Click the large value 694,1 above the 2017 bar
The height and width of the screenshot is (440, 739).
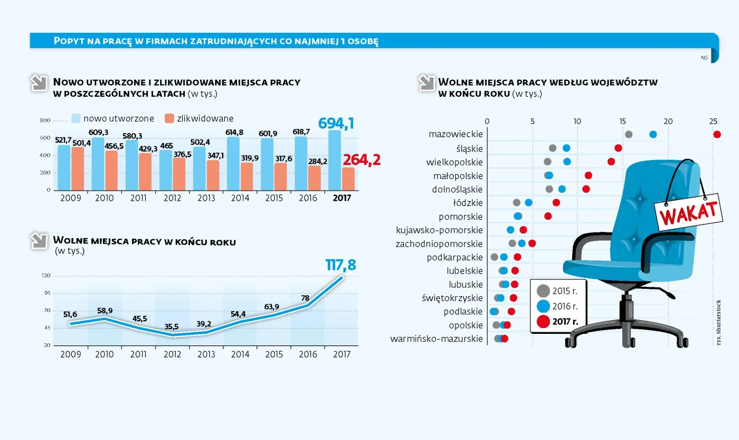(x=336, y=124)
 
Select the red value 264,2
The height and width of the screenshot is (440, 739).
(x=362, y=160)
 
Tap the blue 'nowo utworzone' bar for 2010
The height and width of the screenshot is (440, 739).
(x=98, y=164)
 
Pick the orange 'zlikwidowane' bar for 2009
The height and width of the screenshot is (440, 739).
(x=78, y=168)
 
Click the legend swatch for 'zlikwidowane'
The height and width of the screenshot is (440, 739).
(x=169, y=118)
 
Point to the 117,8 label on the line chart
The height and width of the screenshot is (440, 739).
(x=340, y=265)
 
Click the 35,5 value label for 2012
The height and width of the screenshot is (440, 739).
(x=172, y=326)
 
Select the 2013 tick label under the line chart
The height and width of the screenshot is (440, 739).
(x=206, y=354)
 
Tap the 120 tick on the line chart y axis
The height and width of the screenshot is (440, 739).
(x=45, y=276)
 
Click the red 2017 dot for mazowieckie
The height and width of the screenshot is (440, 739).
(x=717, y=135)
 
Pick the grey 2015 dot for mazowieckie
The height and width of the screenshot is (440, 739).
(x=629, y=135)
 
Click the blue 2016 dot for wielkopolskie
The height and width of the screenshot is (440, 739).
(x=567, y=162)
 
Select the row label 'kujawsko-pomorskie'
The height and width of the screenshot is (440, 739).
(x=439, y=230)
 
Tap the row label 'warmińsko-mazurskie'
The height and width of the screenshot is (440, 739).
(x=437, y=339)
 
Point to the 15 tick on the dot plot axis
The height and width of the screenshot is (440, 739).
(x=623, y=121)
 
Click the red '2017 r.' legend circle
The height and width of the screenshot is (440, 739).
(x=543, y=321)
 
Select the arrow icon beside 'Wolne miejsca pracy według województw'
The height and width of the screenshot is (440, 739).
(x=426, y=83)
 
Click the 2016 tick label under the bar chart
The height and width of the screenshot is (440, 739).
(x=308, y=198)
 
